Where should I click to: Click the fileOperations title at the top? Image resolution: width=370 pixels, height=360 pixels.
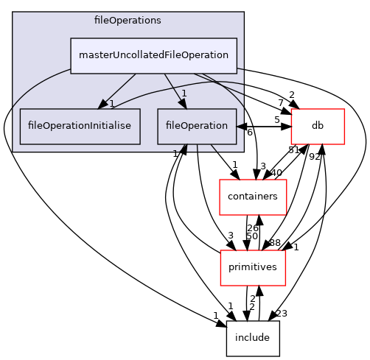click(x=128, y=20)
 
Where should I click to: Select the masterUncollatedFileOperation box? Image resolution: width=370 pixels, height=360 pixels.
click(x=153, y=55)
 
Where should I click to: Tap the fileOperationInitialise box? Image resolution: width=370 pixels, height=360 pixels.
click(x=80, y=126)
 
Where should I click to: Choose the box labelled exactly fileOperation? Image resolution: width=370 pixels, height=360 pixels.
click(x=196, y=126)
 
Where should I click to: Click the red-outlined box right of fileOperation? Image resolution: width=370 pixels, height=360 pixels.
click(x=318, y=127)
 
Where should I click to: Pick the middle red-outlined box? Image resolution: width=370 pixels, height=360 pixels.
click(x=253, y=197)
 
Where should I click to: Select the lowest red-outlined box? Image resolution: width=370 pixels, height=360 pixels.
click(x=253, y=268)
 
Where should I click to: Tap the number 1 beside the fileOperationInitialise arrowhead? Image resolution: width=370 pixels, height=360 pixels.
click(x=112, y=104)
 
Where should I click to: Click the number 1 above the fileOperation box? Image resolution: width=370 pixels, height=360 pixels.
click(x=184, y=93)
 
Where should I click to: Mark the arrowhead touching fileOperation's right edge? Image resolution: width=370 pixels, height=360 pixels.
click(x=240, y=127)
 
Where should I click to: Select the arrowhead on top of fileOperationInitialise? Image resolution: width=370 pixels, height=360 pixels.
click(x=105, y=105)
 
